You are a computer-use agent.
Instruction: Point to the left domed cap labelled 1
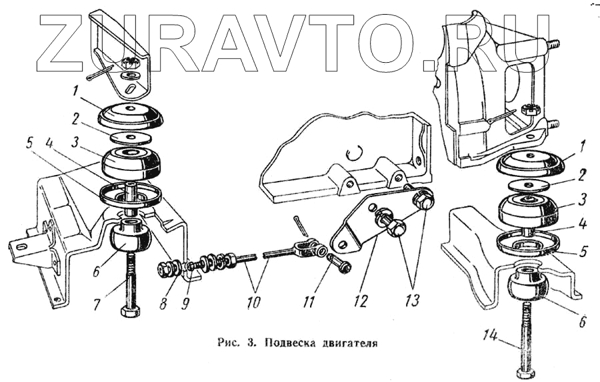131,116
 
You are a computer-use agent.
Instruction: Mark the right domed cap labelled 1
532,164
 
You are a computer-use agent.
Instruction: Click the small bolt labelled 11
339,264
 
